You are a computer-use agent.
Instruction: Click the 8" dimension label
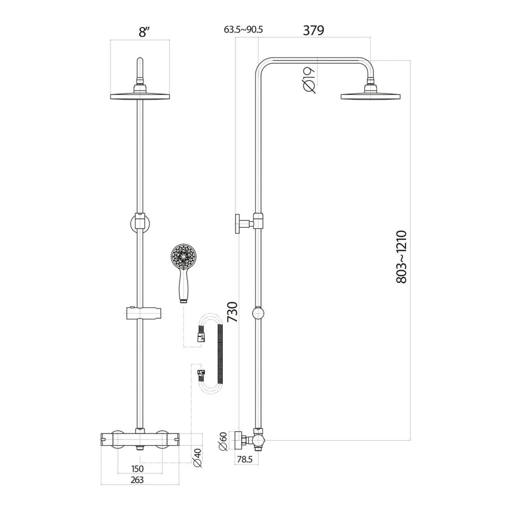[x=143, y=33]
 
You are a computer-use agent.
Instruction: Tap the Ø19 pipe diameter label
[x=308, y=79]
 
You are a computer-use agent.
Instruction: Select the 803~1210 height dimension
[x=401, y=255]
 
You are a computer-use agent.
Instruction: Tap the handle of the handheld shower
[x=183, y=287]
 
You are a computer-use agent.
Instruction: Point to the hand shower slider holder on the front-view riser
[x=142, y=314]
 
